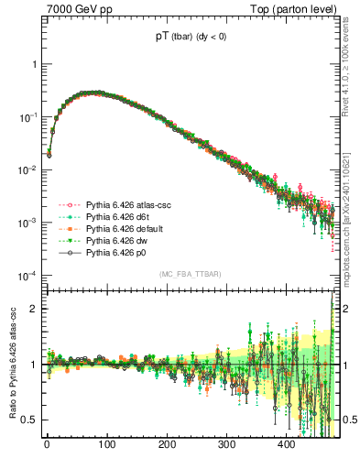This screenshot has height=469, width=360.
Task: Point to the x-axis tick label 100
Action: pos(106,445)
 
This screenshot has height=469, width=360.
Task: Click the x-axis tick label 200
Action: pos(167,445)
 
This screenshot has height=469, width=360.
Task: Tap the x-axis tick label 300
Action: pos(226,445)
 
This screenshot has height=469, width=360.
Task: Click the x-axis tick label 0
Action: pos(47,445)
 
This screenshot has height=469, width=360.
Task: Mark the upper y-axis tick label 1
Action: pos(36,65)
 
